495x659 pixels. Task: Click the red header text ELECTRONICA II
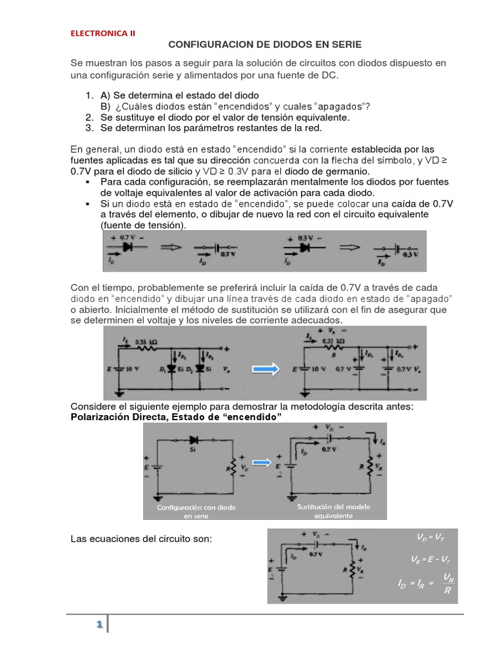click(102, 33)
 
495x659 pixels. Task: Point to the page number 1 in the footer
click(99, 624)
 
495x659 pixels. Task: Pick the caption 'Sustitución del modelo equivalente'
click(333, 511)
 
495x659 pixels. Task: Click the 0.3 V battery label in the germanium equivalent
click(410, 264)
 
